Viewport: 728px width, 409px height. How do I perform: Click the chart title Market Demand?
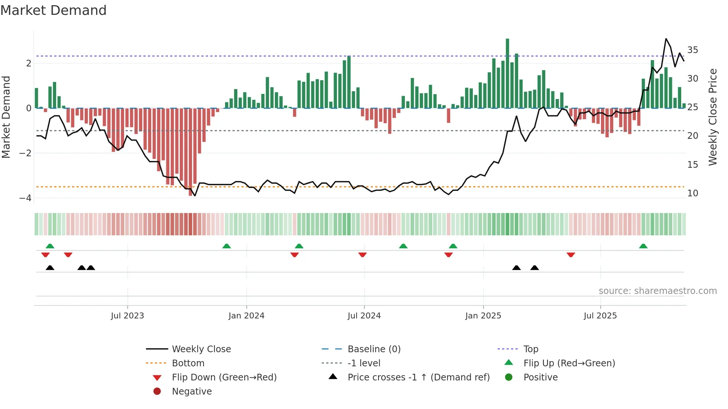tap(53, 10)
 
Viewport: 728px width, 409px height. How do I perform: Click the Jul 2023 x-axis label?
tap(127, 316)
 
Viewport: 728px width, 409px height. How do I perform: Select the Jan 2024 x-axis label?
tap(246, 316)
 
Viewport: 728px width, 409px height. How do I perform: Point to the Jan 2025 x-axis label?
tap(483, 316)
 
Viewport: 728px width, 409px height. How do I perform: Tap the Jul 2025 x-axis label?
tap(600, 316)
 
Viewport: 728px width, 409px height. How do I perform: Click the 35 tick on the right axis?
tap(692, 50)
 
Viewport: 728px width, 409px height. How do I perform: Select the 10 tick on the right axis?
tap(692, 193)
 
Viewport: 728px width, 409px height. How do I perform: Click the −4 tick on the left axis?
tap(25, 198)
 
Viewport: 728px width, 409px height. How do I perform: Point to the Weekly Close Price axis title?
tap(712, 117)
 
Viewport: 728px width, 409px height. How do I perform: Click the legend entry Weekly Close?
tap(201, 349)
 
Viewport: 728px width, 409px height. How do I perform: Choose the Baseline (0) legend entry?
tap(374, 349)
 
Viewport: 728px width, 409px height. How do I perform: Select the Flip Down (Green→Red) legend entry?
tap(224, 377)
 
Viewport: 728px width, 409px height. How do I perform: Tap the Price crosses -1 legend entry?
tap(418, 377)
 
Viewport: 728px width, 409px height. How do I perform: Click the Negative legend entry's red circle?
tap(157, 391)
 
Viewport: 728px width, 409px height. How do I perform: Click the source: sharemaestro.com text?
tap(657, 291)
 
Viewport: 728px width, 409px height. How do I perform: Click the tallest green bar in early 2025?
tap(507, 74)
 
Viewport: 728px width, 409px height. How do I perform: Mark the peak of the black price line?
tap(666, 39)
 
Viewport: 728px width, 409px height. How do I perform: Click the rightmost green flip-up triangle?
tap(643, 246)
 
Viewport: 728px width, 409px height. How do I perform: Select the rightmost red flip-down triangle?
tap(571, 255)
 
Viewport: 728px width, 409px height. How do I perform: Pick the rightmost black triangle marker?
tap(534, 268)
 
